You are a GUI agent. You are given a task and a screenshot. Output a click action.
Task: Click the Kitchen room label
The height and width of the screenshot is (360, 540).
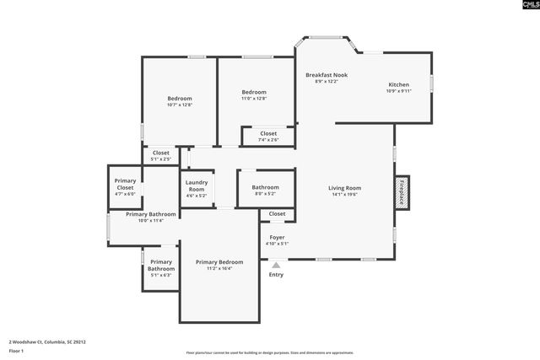coord(398,84)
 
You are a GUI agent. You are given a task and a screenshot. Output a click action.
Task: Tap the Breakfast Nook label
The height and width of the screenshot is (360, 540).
coord(326,75)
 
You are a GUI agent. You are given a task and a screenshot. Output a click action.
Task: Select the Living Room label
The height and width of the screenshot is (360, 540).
coord(344,188)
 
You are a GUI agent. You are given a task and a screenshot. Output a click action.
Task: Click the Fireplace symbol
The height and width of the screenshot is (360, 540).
coord(402,192)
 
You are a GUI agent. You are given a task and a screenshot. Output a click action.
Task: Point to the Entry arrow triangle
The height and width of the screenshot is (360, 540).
coord(276,265)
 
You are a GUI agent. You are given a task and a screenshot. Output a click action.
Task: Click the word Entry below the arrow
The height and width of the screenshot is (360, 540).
coord(276,275)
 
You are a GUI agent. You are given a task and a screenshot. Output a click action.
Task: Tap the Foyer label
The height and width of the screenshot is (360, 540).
coord(277,238)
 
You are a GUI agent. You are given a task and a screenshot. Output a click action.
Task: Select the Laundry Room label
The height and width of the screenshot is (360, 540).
coord(196,186)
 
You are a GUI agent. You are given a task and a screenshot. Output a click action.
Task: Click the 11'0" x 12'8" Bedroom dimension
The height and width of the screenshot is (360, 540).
coord(254,99)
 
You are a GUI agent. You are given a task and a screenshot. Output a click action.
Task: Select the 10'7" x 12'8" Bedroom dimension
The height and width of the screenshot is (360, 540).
coord(180,105)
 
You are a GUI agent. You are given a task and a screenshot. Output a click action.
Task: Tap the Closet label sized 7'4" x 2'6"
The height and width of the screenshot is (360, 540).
coord(268,133)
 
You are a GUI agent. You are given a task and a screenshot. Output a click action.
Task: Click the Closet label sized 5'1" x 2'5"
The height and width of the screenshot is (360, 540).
coord(160,153)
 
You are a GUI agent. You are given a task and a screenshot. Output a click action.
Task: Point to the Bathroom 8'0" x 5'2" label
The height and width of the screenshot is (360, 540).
coord(265,187)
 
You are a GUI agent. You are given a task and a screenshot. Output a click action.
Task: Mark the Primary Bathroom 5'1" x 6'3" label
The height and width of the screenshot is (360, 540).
coord(160,267)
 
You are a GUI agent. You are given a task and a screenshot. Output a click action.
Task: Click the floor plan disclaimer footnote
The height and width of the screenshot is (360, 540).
coord(269,352)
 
